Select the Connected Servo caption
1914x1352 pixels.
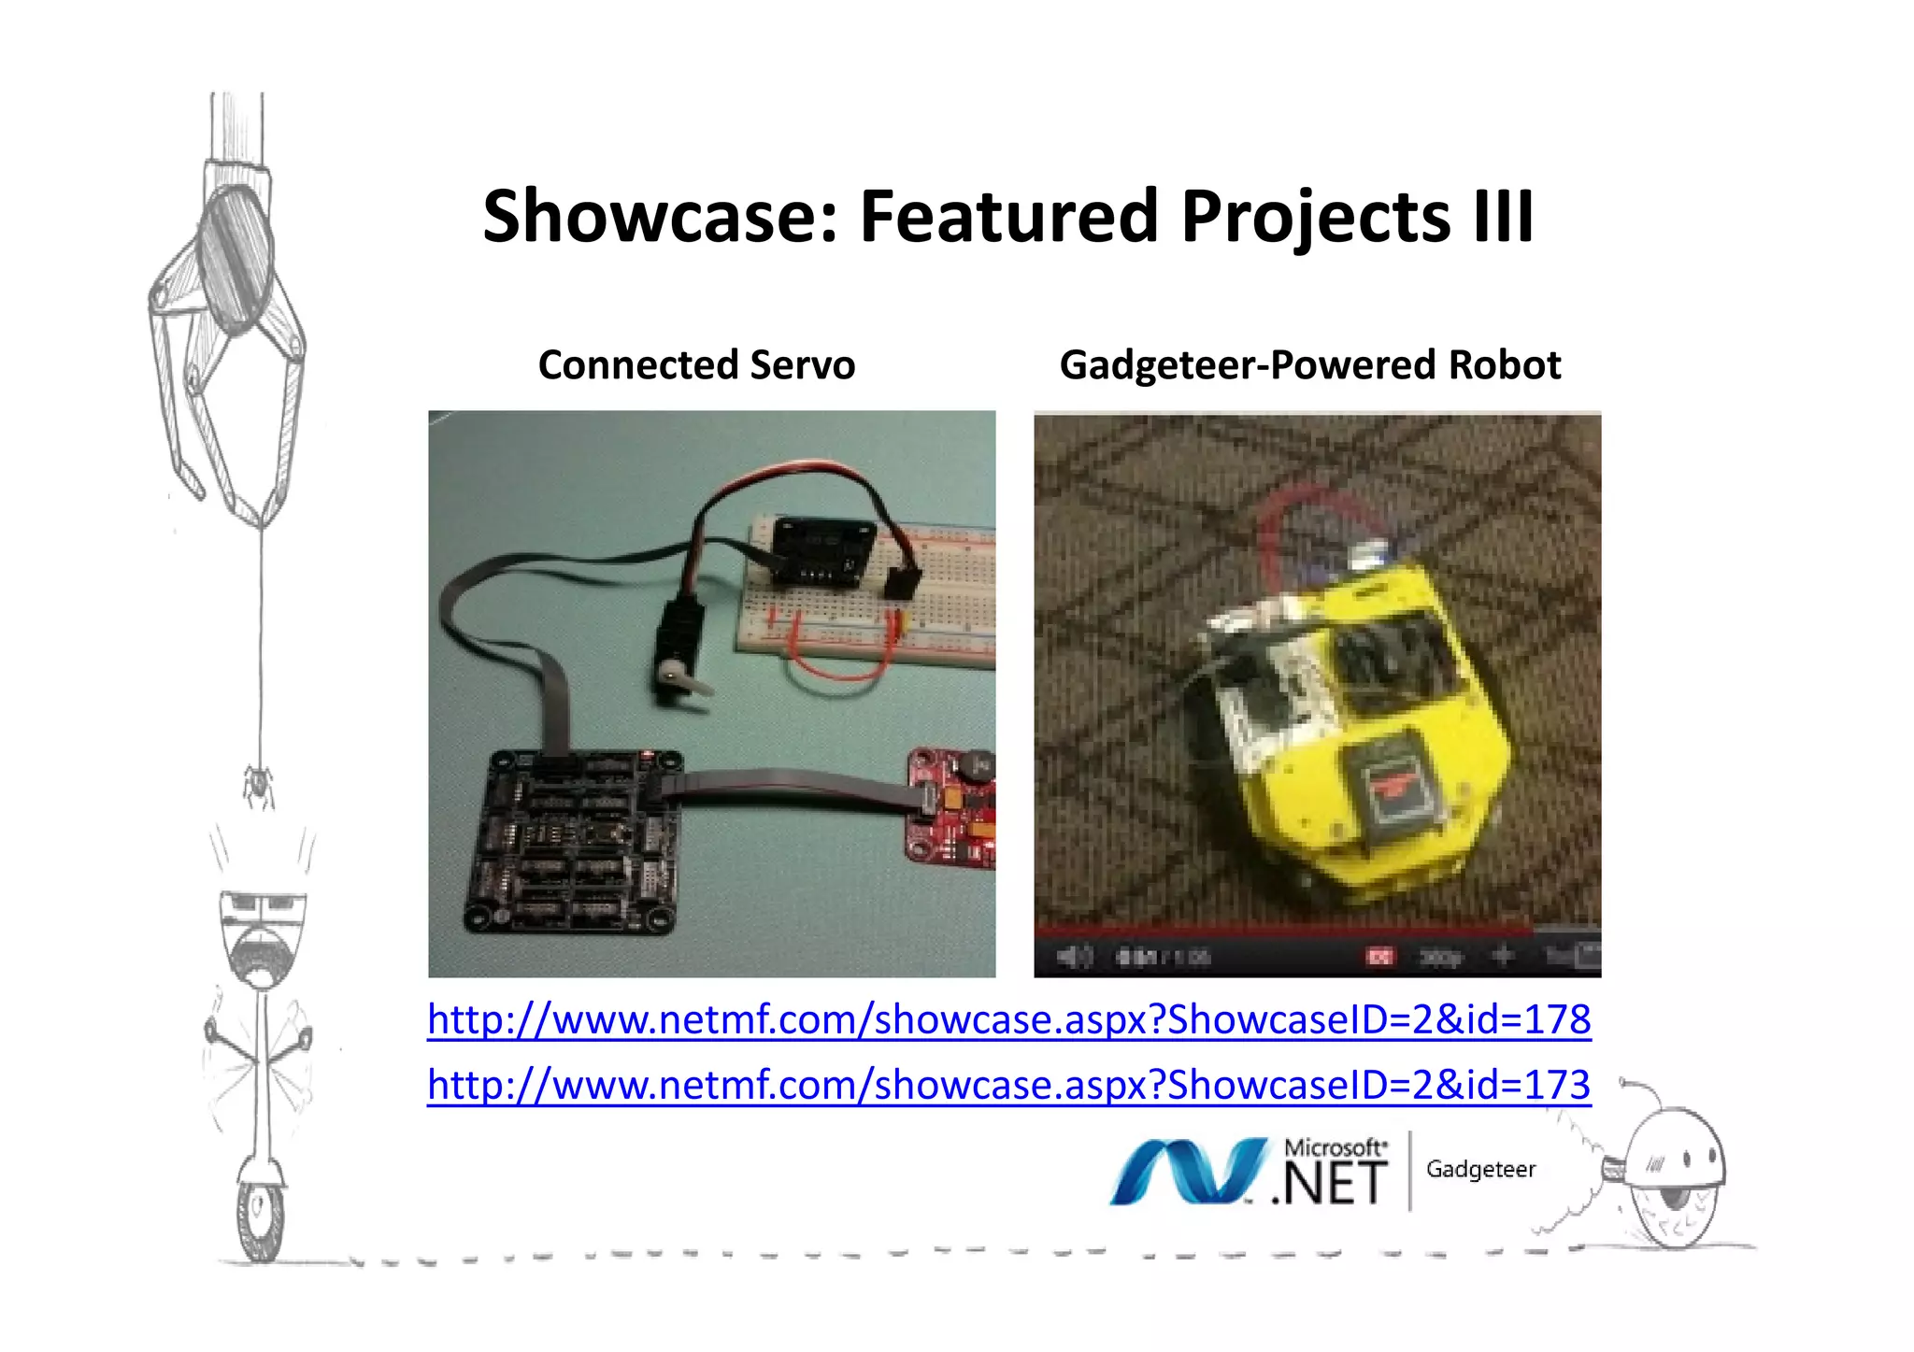point(696,365)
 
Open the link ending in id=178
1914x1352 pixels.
point(1008,1019)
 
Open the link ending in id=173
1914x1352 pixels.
point(1008,1085)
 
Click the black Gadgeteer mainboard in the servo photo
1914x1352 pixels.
point(572,841)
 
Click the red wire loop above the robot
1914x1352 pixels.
point(1318,523)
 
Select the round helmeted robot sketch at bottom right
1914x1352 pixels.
point(1673,1177)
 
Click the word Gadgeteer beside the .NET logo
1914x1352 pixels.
point(1480,1170)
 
